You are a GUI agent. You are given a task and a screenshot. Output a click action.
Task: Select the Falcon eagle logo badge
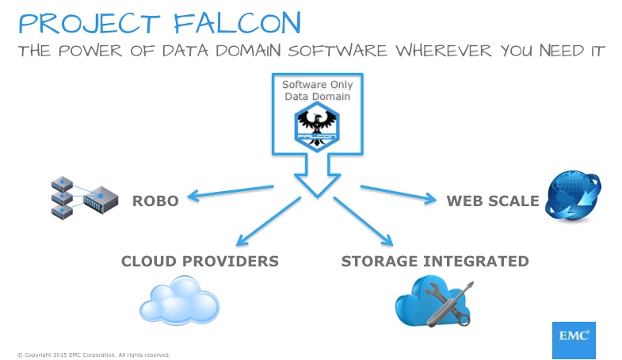click(317, 124)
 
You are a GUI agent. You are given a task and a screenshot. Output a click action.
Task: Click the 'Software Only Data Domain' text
click(317, 90)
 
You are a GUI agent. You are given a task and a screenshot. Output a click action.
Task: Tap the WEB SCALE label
click(492, 200)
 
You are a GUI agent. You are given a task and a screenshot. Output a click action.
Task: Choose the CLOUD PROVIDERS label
click(200, 260)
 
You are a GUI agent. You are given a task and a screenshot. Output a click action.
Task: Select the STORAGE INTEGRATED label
click(434, 260)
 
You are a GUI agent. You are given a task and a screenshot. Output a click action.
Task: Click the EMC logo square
click(573, 336)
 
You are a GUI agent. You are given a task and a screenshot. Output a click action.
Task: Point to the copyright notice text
click(93, 354)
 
